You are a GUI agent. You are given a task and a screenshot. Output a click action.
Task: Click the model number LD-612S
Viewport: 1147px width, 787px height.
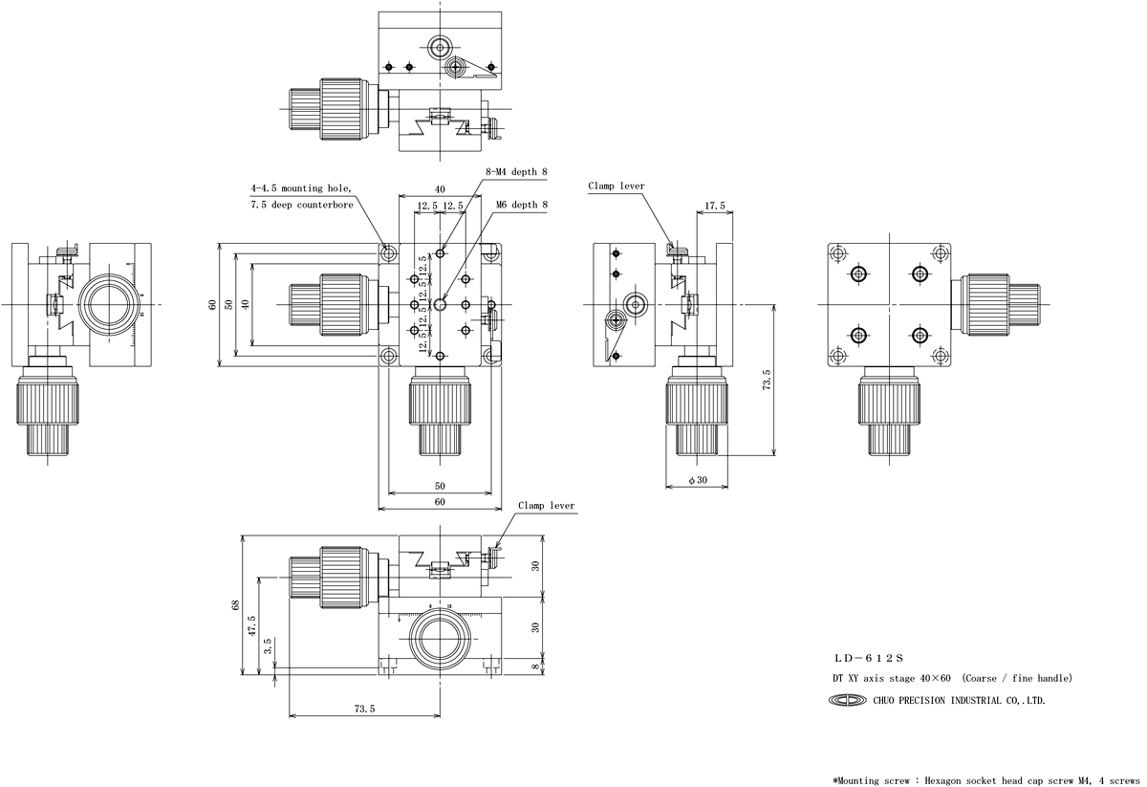pyautogui.click(x=868, y=658)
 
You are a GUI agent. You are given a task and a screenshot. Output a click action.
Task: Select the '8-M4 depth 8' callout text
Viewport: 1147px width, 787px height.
pyautogui.click(x=517, y=171)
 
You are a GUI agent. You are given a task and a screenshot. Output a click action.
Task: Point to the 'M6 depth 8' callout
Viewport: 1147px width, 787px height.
pyautogui.click(x=522, y=204)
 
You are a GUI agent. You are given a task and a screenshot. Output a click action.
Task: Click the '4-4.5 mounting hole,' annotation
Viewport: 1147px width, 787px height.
pyautogui.click(x=301, y=188)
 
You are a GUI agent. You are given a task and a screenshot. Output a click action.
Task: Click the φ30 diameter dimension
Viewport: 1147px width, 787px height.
pyautogui.click(x=698, y=481)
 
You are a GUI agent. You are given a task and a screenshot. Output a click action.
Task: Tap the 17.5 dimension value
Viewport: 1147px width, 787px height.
pyautogui.click(x=714, y=206)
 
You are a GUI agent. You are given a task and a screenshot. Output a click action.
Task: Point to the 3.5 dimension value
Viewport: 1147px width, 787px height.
pyautogui.click(x=268, y=645)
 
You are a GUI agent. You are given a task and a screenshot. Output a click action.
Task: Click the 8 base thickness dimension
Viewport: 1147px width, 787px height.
pyautogui.click(x=535, y=667)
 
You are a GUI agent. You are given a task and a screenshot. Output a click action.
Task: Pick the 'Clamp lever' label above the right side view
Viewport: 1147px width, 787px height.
pyautogui.click(x=617, y=186)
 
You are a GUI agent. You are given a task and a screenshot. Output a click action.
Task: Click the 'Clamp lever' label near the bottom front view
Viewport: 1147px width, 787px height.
pyautogui.click(x=547, y=506)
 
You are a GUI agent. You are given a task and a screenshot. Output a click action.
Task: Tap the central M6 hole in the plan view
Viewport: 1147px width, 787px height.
pyautogui.click(x=440, y=304)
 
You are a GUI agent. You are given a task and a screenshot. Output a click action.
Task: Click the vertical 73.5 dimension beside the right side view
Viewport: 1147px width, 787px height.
pyautogui.click(x=766, y=381)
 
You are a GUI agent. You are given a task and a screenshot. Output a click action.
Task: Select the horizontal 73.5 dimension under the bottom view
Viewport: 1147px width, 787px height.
pyautogui.click(x=364, y=709)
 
